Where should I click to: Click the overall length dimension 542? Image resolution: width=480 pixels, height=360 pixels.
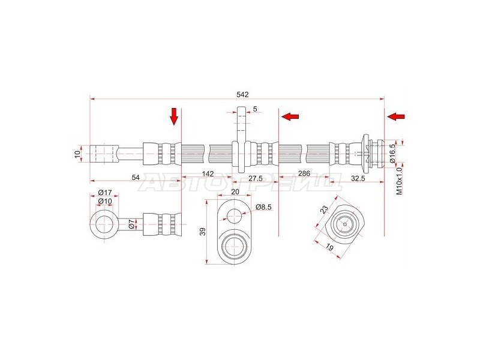(242, 95)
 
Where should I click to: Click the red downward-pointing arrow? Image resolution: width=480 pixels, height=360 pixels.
(174, 116)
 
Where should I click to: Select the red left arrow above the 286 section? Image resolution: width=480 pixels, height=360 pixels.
(290, 116)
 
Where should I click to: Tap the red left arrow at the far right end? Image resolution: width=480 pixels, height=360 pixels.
(396, 116)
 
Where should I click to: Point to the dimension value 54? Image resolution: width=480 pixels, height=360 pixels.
(136, 177)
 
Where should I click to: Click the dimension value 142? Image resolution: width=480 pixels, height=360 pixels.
(208, 174)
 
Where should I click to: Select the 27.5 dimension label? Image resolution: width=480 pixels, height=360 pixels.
(256, 178)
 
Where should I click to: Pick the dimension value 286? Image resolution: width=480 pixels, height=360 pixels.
(304, 173)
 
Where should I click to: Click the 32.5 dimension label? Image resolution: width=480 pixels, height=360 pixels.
(358, 178)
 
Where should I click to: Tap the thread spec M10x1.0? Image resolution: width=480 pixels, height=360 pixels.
(398, 181)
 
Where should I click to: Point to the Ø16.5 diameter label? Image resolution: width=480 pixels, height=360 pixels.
(393, 153)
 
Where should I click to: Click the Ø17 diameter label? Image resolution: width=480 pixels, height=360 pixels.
(105, 193)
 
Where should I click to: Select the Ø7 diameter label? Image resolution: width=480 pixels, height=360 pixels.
(131, 224)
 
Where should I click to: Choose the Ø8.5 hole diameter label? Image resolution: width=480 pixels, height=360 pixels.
(263, 207)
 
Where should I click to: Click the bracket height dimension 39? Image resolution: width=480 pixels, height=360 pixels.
(202, 232)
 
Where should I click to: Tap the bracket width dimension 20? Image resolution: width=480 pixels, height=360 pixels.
(235, 191)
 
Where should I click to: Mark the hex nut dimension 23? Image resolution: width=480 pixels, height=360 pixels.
(324, 209)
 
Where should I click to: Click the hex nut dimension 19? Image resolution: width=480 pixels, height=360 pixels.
(329, 247)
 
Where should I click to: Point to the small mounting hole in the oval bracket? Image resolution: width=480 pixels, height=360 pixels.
(234, 215)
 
